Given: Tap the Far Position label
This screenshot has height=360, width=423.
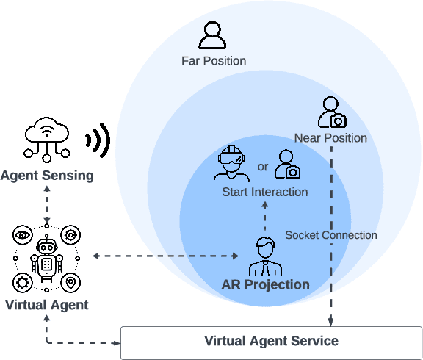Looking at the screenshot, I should click(x=214, y=61).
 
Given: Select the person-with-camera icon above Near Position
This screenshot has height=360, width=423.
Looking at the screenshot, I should click(x=331, y=112).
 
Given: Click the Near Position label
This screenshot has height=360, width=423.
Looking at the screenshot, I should click(x=330, y=137).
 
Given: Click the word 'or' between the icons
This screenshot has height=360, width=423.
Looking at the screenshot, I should click(x=262, y=167).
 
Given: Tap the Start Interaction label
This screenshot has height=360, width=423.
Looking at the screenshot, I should click(x=265, y=192).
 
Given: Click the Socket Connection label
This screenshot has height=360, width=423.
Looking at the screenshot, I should click(x=331, y=235).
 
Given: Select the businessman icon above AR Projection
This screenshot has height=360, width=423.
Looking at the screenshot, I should click(x=265, y=256).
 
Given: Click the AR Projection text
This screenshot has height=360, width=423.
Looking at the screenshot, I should click(x=266, y=284).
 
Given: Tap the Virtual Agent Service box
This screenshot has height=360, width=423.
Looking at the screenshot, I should click(x=271, y=341).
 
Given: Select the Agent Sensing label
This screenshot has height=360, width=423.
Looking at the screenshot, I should click(x=47, y=176).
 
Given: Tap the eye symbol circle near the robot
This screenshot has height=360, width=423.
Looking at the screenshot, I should click(x=23, y=235).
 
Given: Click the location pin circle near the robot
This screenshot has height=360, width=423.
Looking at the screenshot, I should click(x=71, y=282).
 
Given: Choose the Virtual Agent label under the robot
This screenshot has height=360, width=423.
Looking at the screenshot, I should click(x=47, y=305).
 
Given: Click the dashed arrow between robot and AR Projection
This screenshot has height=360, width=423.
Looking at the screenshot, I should click(x=166, y=256).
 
